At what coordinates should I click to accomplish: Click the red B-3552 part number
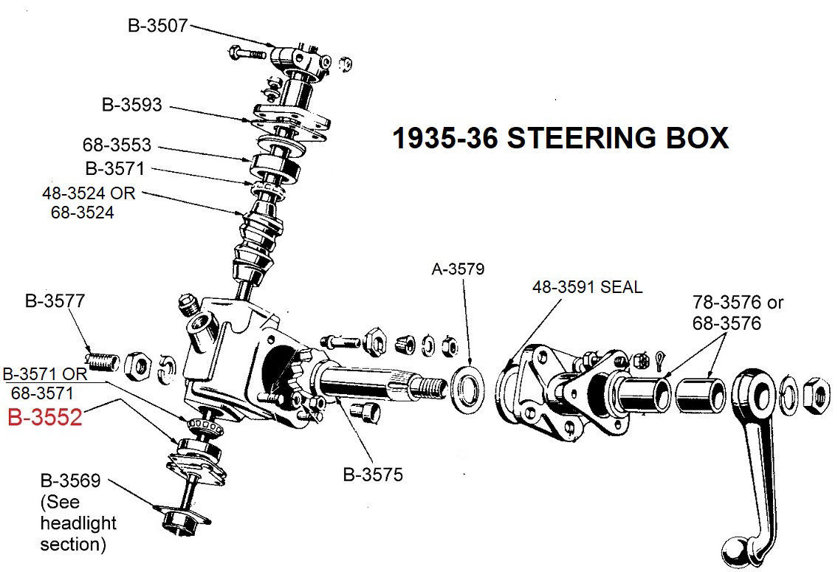44,418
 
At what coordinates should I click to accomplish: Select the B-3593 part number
131,105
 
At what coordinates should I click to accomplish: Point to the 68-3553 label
116,145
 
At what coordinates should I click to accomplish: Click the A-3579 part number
458,269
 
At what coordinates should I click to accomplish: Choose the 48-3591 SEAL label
587,286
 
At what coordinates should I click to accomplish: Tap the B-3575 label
373,474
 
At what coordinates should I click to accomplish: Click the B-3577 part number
54,300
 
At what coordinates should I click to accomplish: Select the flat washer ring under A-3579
467,384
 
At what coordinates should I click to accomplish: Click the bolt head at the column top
233,53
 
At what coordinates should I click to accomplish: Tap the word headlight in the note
78,523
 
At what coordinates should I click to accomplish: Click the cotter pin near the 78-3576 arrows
659,362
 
